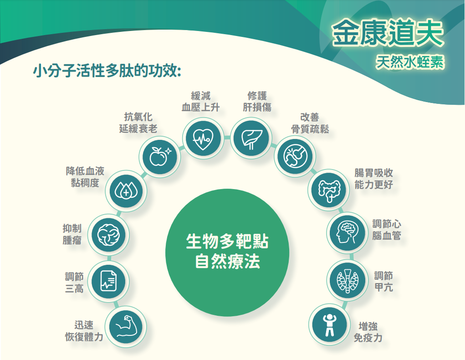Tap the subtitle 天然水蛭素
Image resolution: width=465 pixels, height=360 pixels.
(409, 63)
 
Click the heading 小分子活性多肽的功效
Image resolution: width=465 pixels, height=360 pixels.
(108, 72)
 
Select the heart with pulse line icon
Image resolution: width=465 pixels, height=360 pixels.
(202, 138)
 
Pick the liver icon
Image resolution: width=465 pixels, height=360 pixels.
(250, 138)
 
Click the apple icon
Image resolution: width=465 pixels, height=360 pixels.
(159, 156)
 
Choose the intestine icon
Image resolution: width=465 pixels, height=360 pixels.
(329, 188)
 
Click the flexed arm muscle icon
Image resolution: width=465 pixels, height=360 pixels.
(123, 326)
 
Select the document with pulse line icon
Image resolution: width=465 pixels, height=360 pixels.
(108, 280)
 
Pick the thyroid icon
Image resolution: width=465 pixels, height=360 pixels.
(347, 279)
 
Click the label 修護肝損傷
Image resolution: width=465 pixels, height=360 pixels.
(257, 101)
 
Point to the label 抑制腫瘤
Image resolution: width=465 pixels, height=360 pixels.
(72, 234)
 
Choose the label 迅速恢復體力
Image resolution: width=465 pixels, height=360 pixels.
(84, 331)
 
